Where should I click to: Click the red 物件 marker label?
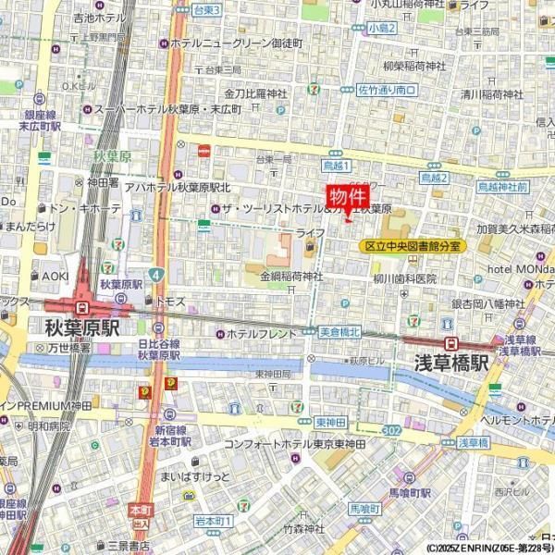pyautogui.click(x=348, y=197)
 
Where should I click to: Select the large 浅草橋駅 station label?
pyautogui.click(x=450, y=362)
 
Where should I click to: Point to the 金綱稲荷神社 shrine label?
pyautogui.click(x=291, y=276)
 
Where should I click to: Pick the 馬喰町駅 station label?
pyautogui.click(x=410, y=492)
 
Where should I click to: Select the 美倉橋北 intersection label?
pyautogui.click(x=339, y=332)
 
